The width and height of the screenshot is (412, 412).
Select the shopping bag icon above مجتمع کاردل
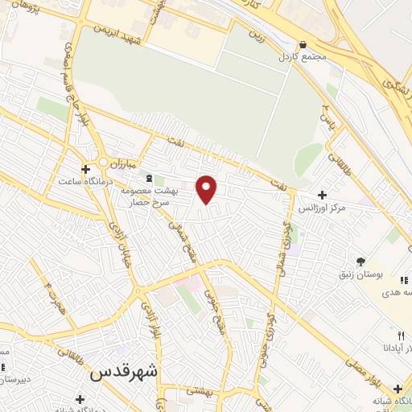pyautogui.click(x=303, y=45)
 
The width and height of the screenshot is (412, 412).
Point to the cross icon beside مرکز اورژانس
pyautogui.click(x=322, y=195)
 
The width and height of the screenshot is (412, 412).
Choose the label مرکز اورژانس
pyautogui.click(x=323, y=208)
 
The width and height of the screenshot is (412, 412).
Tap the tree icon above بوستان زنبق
pyautogui.click(x=360, y=262)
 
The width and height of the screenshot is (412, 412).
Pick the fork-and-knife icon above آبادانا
pyautogui.click(x=400, y=335)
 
